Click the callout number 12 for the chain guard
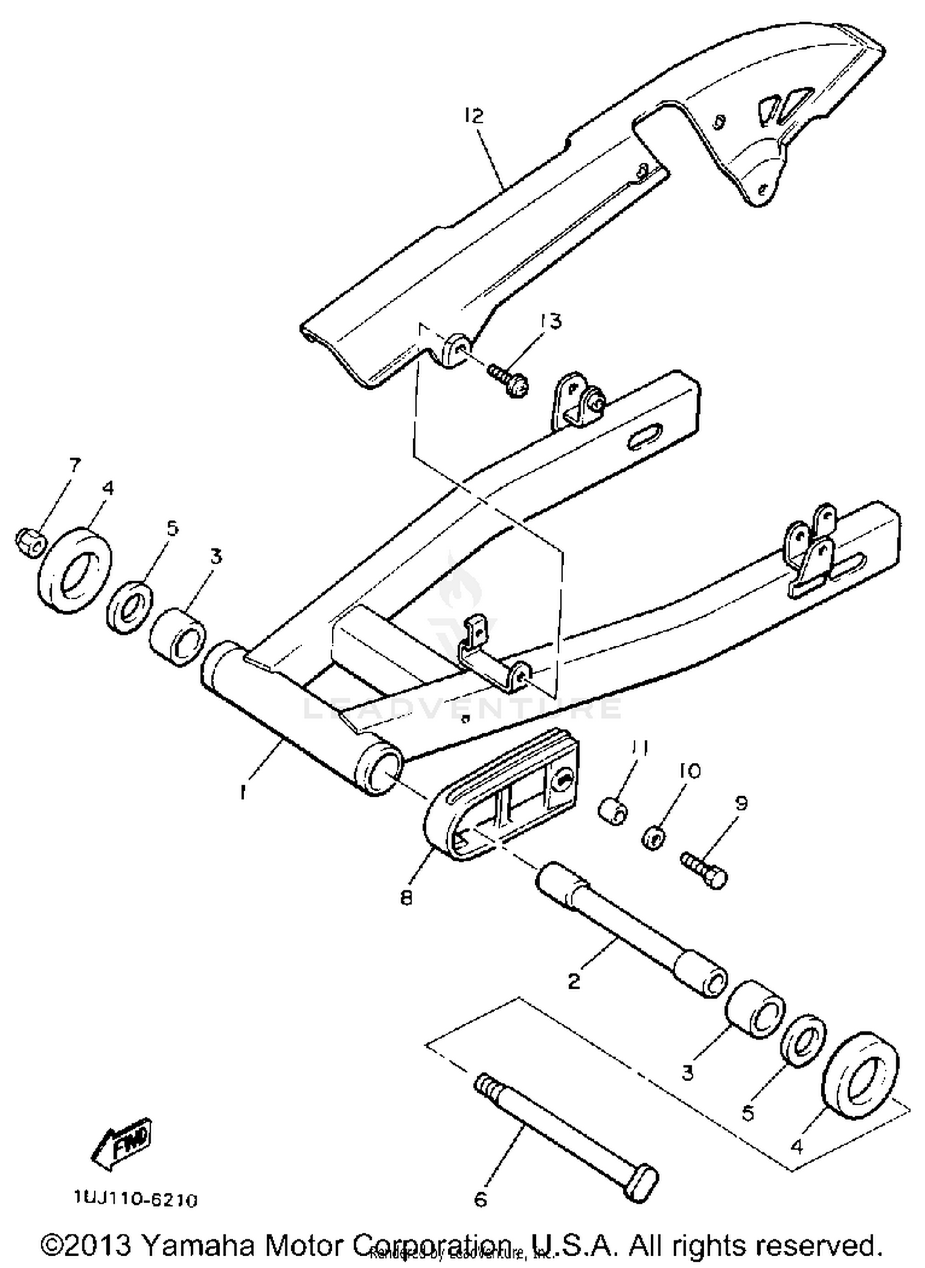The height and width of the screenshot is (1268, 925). (475, 116)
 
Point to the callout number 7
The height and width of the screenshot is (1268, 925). (75, 464)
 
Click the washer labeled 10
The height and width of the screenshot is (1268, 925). (654, 838)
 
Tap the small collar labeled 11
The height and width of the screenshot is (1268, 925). (614, 812)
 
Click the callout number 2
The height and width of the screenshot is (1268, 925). (573, 981)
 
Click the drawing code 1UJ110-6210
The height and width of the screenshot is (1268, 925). (136, 1200)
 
